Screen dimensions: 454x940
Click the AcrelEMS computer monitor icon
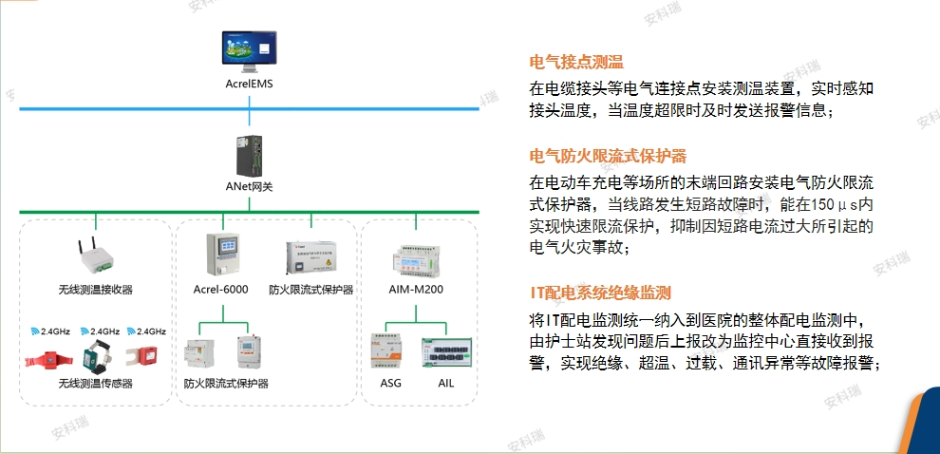click(x=248, y=53)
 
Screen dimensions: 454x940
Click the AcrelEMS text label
click(x=249, y=85)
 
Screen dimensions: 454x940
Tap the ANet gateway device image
click(x=249, y=154)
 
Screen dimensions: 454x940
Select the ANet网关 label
click(x=249, y=187)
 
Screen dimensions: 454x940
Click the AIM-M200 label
click(x=417, y=288)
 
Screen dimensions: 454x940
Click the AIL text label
click(x=446, y=383)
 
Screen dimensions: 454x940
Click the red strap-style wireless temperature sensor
click(x=46, y=358)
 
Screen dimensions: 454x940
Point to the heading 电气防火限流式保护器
click(x=608, y=156)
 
